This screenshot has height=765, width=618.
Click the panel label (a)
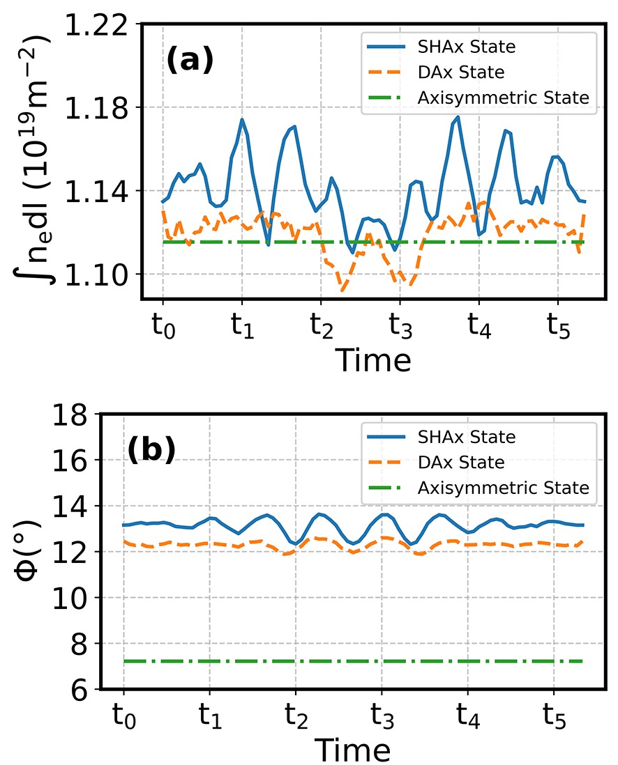point(189,62)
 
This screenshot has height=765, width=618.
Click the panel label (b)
point(151,451)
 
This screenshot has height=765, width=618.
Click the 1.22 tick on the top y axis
point(100,25)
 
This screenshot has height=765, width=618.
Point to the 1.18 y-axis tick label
point(100,108)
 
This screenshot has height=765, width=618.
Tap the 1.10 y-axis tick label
point(100,274)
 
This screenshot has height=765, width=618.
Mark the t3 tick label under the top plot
point(400,326)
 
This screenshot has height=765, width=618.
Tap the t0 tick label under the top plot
point(163,326)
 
